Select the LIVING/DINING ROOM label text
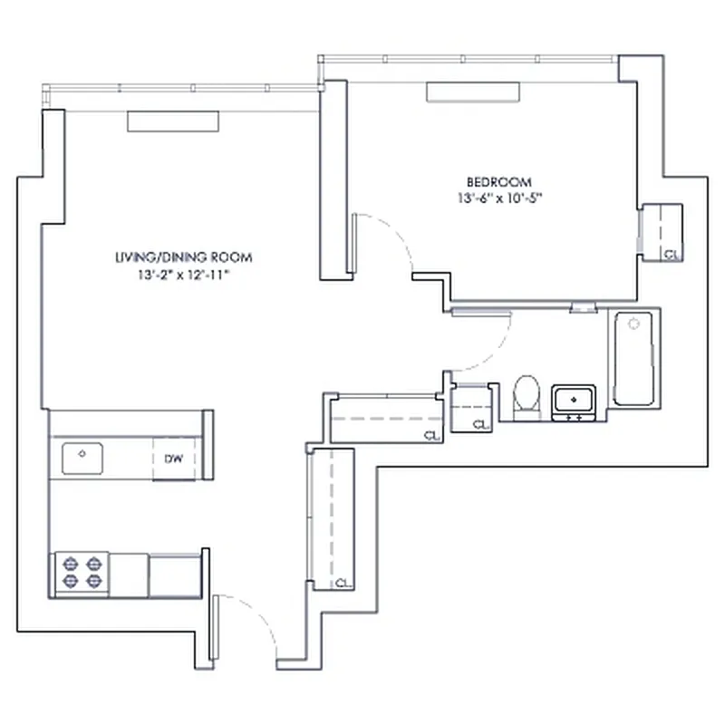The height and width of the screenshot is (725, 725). (183, 256)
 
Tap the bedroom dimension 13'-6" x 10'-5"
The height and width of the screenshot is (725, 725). (499, 197)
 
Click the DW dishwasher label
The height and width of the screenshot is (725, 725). (174, 459)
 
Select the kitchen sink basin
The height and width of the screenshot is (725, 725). (82, 457)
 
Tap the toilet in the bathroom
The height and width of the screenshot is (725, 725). (526, 396)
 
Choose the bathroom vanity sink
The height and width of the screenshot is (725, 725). (574, 400)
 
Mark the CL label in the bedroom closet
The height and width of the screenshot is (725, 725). (671, 255)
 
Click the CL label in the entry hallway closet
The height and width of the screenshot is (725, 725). (343, 583)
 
